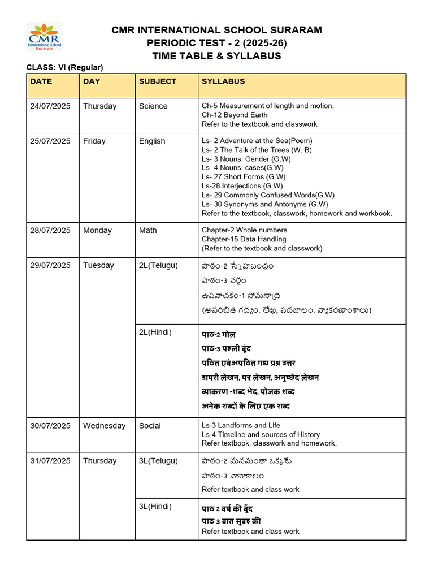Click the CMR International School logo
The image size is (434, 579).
45,37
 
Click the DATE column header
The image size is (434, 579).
41,81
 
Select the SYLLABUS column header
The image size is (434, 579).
223,81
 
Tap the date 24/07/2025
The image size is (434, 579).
50,106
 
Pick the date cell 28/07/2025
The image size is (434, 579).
50,231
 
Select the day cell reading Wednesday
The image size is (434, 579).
104,426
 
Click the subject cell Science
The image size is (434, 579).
153,106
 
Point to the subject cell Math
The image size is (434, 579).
148,231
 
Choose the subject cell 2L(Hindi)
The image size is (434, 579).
155,332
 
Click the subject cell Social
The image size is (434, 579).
150,426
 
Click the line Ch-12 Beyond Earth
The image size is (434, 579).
235,115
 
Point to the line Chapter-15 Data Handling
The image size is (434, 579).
244,239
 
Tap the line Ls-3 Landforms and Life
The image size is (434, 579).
241,425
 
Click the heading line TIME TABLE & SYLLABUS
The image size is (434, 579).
216,56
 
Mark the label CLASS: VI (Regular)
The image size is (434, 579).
65,68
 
